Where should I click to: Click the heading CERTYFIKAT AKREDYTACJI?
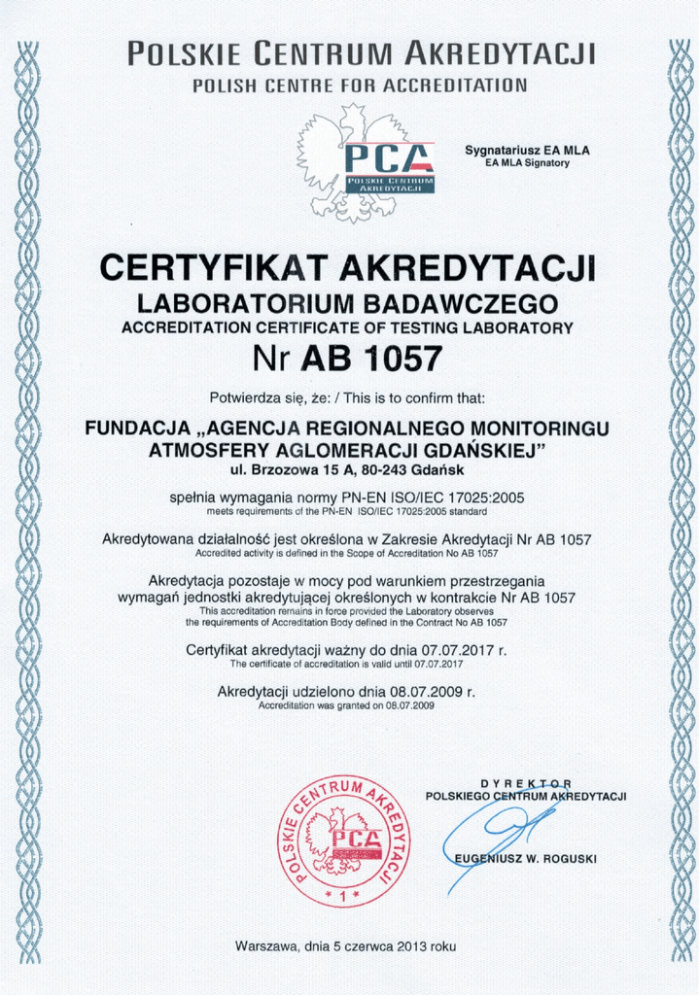point(347,267)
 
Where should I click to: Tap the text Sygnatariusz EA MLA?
point(527,151)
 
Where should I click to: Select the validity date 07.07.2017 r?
point(463,649)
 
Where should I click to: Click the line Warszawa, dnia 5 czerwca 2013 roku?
point(345,945)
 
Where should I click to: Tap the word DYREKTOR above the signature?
point(526,783)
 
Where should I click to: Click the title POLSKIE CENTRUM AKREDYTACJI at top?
point(361,51)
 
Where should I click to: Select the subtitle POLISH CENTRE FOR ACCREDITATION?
point(360,86)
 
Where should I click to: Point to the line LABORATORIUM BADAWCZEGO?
point(347,302)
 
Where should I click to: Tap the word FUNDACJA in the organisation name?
point(132,428)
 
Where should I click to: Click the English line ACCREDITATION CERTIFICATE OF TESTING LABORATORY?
point(347,327)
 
